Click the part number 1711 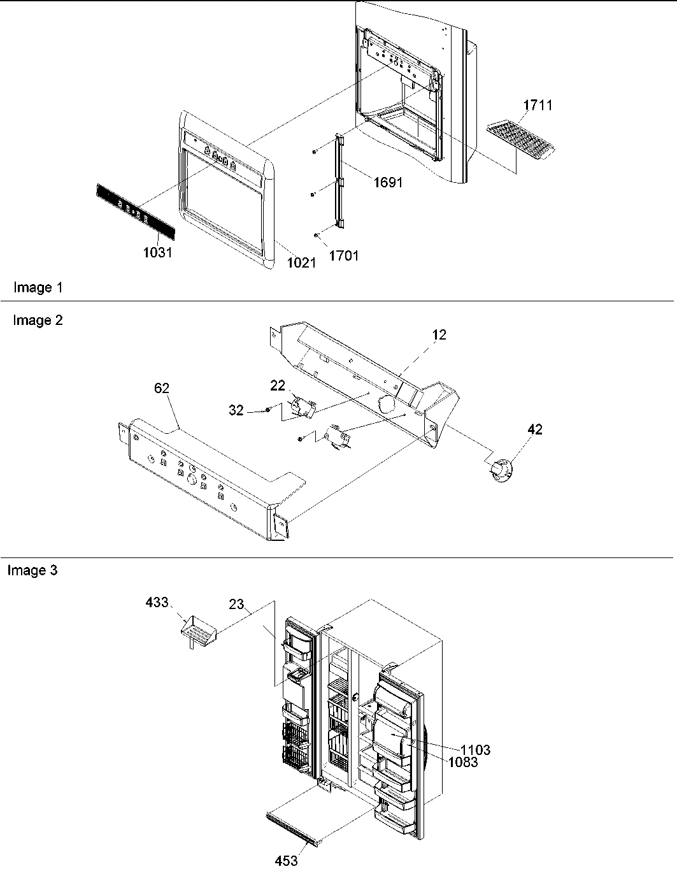[538, 105]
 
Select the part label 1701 [343, 256]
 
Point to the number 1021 [301, 262]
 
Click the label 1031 [157, 252]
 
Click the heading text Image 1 [38, 288]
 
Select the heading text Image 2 [38, 320]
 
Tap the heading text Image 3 [32, 571]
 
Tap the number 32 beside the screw [236, 410]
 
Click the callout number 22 [277, 386]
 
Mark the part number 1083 [462, 762]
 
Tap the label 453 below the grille [286, 861]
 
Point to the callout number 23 [237, 604]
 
